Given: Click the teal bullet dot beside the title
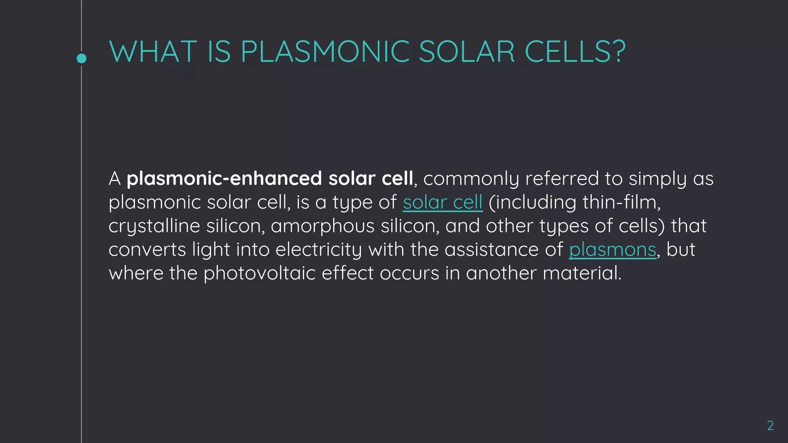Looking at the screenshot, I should coord(82,58).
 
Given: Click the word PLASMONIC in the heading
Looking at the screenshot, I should coord(325,52).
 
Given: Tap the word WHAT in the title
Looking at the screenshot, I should coord(153,52).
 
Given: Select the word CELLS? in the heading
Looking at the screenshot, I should coord(575,52).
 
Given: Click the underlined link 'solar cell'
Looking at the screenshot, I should coord(442,202).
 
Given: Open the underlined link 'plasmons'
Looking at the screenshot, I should coord(613,250).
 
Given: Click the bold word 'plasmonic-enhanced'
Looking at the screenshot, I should coord(224,179).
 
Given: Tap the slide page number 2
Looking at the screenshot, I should coord(770,425).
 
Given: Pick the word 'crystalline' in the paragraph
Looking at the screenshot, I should coord(154,226).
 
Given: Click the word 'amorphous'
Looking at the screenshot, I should coord(322,226).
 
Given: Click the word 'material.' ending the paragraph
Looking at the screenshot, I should coord(582,273).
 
